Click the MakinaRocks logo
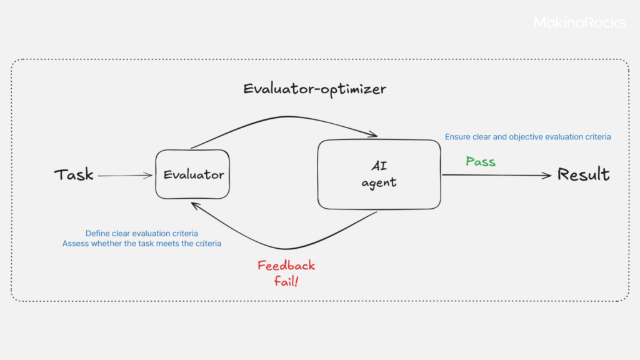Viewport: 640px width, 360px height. (x=579, y=23)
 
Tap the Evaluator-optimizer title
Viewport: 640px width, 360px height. (x=314, y=89)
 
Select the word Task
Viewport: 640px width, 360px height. (x=74, y=174)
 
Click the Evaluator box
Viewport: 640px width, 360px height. (x=193, y=175)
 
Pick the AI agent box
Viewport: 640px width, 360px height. (x=379, y=174)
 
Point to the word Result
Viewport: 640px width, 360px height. (x=583, y=174)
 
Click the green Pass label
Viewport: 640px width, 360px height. (x=481, y=162)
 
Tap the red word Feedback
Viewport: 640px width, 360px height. (x=286, y=266)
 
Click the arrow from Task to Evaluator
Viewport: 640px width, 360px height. (x=124, y=176)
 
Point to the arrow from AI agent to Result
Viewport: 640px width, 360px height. (x=496, y=176)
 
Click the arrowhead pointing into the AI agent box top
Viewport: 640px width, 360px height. (x=374, y=134)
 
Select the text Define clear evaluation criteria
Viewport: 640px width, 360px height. (x=142, y=234)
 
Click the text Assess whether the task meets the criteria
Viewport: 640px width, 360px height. (x=142, y=244)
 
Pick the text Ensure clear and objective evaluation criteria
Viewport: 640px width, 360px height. (x=527, y=136)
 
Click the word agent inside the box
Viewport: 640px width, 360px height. (x=379, y=183)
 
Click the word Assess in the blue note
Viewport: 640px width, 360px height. (x=76, y=244)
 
